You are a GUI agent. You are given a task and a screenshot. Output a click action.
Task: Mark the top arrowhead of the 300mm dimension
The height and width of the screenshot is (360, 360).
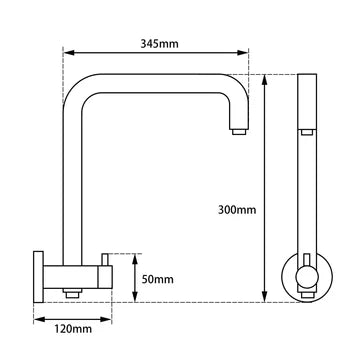[265, 76]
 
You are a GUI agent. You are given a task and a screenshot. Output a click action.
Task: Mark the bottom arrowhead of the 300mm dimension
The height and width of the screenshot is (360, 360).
[265, 298]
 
